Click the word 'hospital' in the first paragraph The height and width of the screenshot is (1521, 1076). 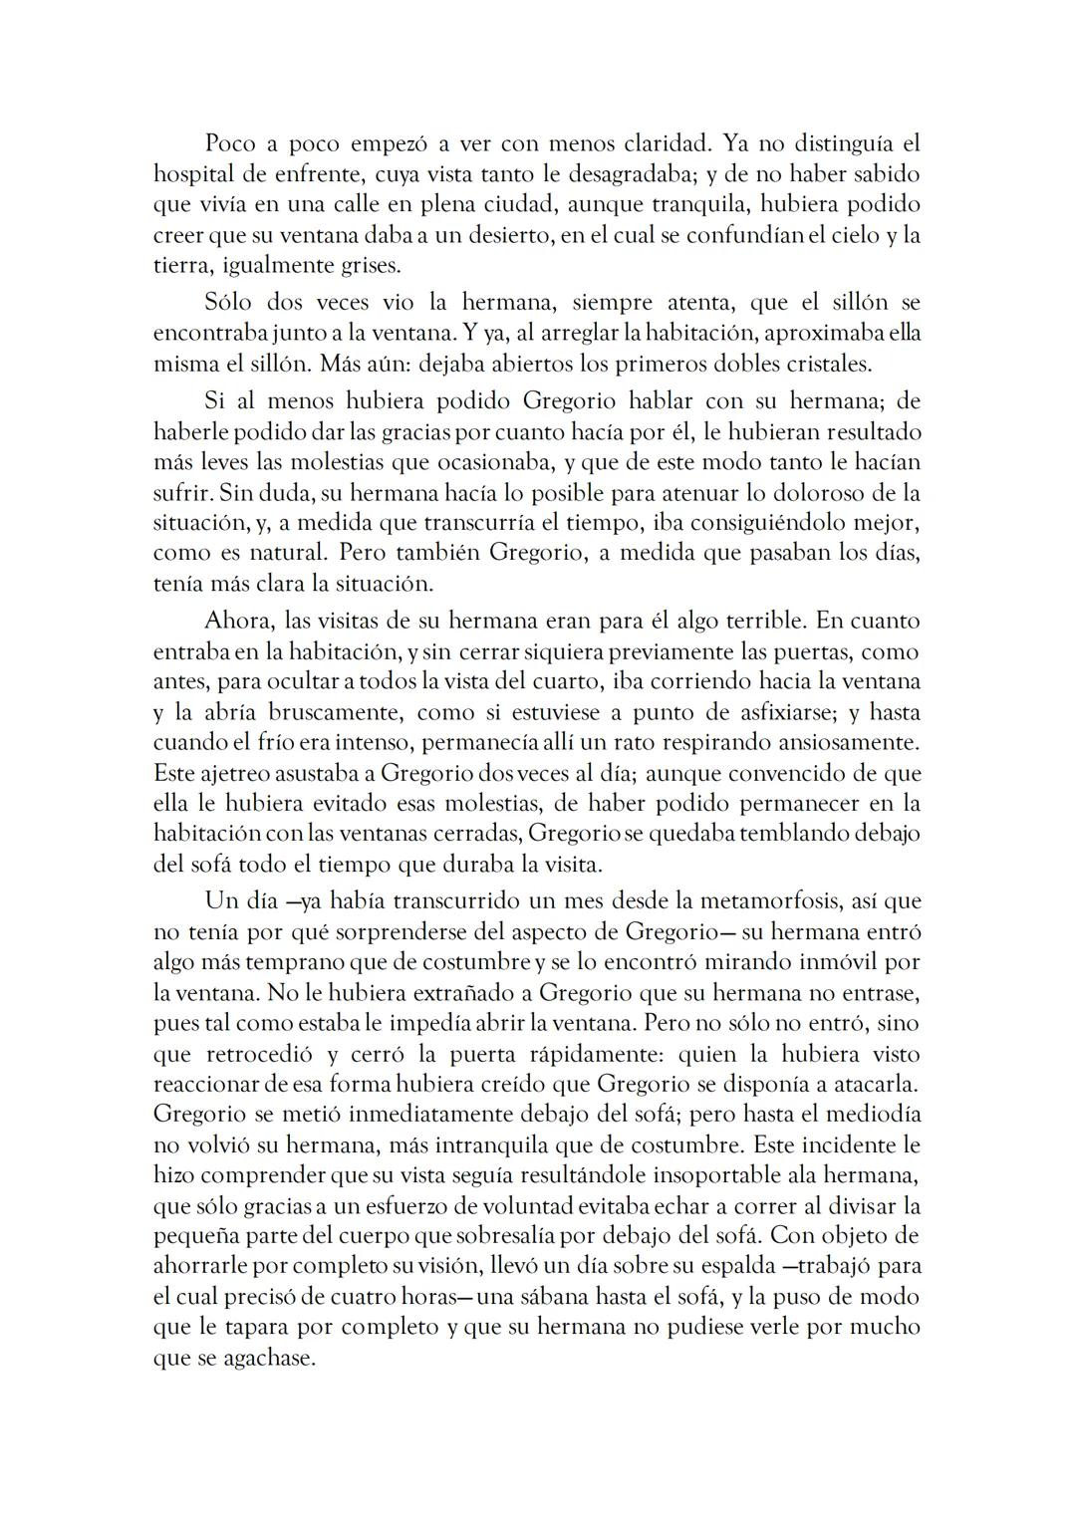[x=191, y=174]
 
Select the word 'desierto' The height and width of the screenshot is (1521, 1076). [x=488, y=236]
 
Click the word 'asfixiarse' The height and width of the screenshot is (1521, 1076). [x=757, y=713]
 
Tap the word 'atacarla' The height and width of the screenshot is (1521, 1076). [x=877, y=1084]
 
